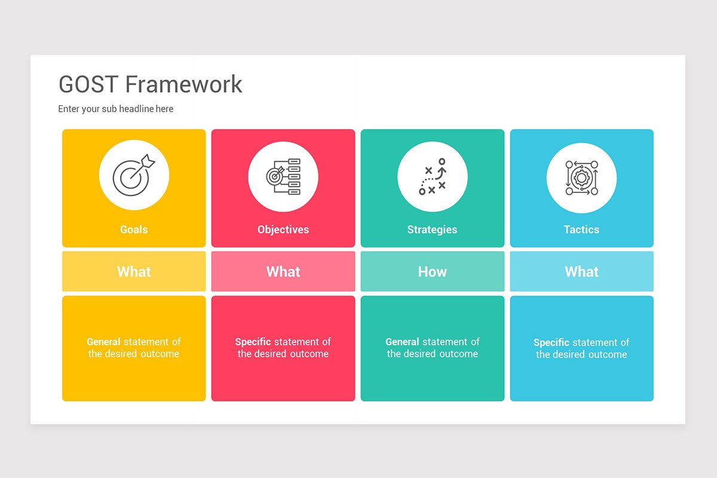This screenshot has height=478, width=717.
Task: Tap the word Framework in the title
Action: [184, 84]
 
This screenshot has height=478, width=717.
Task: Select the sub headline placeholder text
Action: [115, 109]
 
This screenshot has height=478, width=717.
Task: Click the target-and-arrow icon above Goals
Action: [134, 175]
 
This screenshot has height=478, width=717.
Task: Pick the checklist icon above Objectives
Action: [283, 176]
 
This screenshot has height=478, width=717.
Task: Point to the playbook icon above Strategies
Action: [433, 177]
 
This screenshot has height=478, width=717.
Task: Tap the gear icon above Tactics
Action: [581, 178]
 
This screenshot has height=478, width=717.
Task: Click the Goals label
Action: [134, 229]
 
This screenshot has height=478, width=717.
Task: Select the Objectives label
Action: [283, 229]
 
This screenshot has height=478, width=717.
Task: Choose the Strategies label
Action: [432, 229]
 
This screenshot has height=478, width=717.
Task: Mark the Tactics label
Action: [581, 229]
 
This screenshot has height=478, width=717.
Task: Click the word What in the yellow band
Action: [134, 272]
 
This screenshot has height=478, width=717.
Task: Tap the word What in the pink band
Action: [283, 272]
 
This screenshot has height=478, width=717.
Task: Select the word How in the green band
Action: [432, 272]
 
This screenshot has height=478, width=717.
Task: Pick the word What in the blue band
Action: [581, 272]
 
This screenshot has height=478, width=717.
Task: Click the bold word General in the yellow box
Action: [103, 342]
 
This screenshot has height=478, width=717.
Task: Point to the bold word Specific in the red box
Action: [253, 342]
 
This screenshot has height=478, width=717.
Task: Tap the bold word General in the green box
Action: [402, 342]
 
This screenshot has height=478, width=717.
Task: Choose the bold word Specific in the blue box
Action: [551, 342]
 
